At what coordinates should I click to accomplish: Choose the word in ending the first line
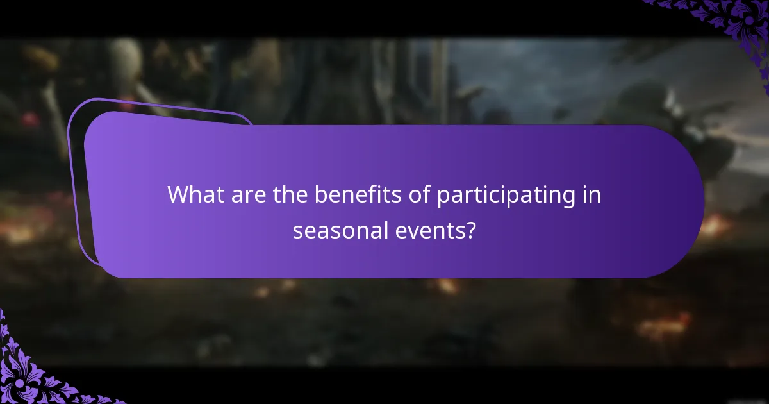[593, 195]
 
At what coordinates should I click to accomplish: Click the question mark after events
[471, 230]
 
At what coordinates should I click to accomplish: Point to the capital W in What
[179, 195]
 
